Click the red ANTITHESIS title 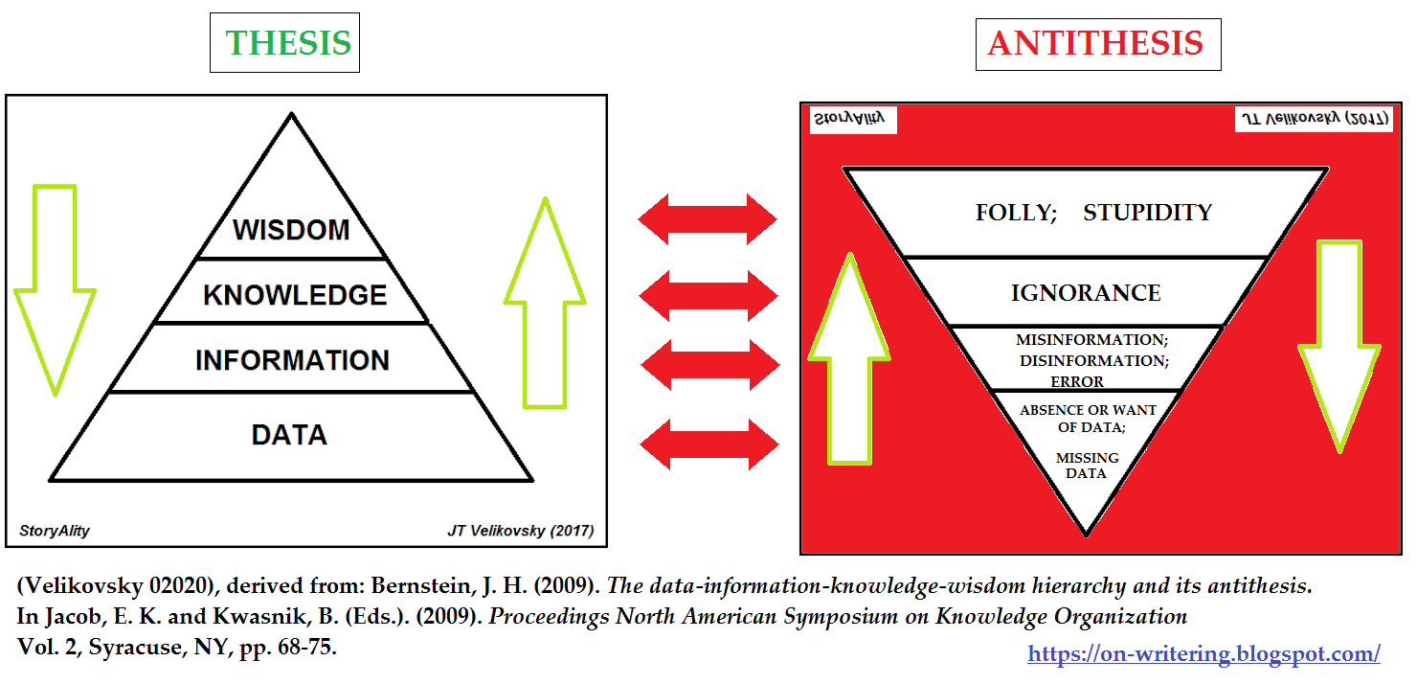coord(1095,43)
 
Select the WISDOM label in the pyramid coord(291,230)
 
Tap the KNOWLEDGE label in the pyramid coord(295,295)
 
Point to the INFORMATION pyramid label coord(292,360)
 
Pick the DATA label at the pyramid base coord(289,435)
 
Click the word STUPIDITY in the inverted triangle coord(1147,213)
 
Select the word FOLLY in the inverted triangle coord(1014,213)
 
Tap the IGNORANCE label coord(1086,293)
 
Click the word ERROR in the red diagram coord(1077,382)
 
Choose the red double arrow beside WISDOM coord(708,219)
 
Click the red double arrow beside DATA coord(708,444)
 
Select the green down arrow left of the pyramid coord(55,287)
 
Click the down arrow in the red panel coord(1338,345)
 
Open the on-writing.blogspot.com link coord(1203,653)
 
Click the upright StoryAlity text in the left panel coord(55,531)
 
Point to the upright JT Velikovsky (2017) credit coord(520,531)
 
